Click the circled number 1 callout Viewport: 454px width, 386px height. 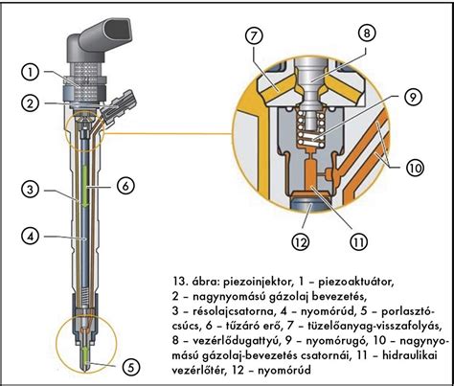click(31, 73)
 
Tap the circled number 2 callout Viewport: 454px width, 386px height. click(31, 103)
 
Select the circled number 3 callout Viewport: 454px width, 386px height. click(31, 190)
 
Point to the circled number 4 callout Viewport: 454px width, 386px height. click(31, 237)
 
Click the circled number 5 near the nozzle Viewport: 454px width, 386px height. click(131, 367)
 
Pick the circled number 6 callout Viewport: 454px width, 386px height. click(125, 186)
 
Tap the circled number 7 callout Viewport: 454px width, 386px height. click(254, 35)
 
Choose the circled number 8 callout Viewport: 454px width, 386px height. click(366, 33)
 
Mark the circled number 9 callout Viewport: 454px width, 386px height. click(413, 97)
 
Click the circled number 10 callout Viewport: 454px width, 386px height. click(415, 168)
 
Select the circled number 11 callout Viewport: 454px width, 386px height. click(358, 242)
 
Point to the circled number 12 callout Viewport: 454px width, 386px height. click(301, 242)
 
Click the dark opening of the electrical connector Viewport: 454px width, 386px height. click(117, 29)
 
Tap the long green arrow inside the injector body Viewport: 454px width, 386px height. click(85, 185)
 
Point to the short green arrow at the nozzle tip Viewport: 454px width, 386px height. click(86, 354)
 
